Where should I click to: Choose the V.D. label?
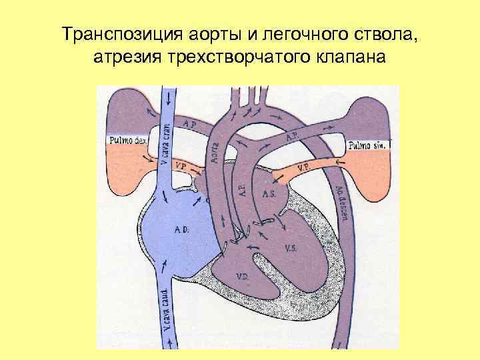(x=241, y=274)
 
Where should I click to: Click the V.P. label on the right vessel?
(x=301, y=167)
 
